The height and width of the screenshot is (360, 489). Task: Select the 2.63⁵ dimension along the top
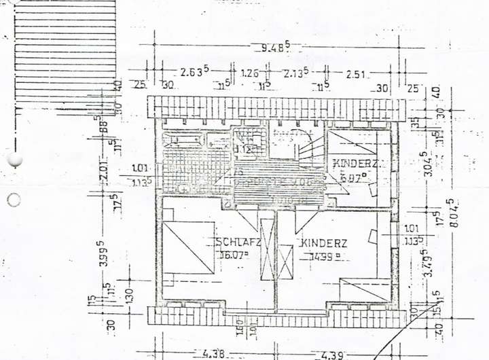(194, 72)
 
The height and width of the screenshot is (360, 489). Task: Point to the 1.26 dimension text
(250, 73)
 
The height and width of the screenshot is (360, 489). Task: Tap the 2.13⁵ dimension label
(296, 73)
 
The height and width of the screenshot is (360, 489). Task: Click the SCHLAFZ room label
(238, 242)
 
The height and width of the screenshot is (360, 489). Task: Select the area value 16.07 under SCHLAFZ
(234, 255)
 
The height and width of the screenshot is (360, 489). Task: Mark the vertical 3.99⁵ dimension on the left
(103, 254)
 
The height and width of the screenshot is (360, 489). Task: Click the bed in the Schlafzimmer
(188, 248)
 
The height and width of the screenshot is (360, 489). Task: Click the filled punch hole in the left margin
(14, 161)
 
